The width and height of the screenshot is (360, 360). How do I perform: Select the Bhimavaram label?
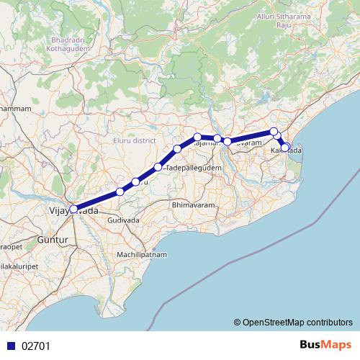pyautogui.click(x=193, y=205)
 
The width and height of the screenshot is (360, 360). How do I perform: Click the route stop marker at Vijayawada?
pyautogui.click(x=73, y=210)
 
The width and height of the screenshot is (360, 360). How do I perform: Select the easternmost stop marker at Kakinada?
pyautogui.click(x=286, y=148)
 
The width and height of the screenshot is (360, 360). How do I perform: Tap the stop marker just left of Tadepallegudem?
pyautogui.click(x=158, y=167)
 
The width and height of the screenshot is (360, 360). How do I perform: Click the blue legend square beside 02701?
pyautogui.click(x=10, y=346)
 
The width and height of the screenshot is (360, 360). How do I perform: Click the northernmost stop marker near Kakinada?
pyautogui.click(x=274, y=131)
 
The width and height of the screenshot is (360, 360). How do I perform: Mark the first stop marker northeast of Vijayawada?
pyautogui.click(x=120, y=192)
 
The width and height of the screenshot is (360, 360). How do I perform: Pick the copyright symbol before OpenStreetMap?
pyautogui.click(x=238, y=323)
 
